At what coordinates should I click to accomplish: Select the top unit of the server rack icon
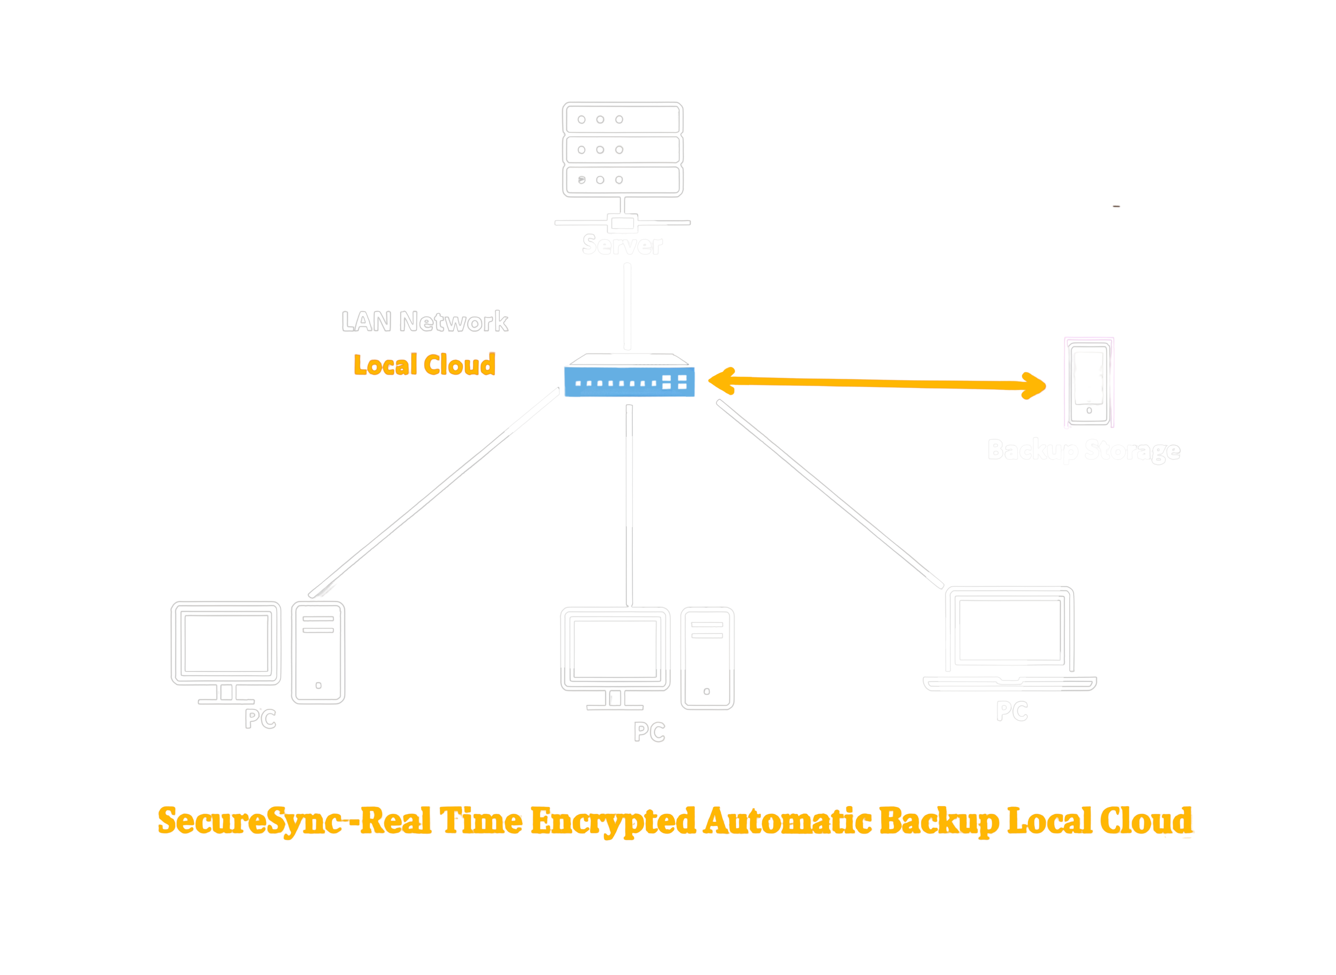coord(623,119)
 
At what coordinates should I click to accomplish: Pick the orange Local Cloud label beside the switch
coord(424,365)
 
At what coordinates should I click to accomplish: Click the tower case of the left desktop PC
coord(318,652)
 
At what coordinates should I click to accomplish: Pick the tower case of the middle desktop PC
coord(707,658)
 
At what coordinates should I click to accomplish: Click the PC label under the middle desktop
coord(649,733)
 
